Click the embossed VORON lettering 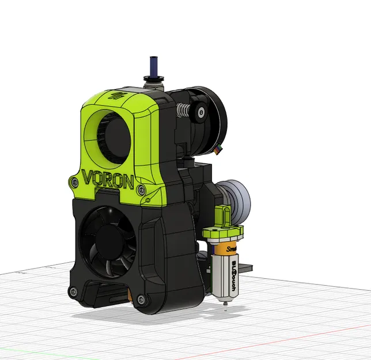pyautogui.click(x=108, y=179)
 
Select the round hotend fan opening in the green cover pyautogui.click(x=108, y=132)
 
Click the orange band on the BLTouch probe pyautogui.click(x=226, y=248)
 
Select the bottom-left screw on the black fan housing pyautogui.click(x=73, y=291)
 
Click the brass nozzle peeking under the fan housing pyautogui.click(x=131, y=297)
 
